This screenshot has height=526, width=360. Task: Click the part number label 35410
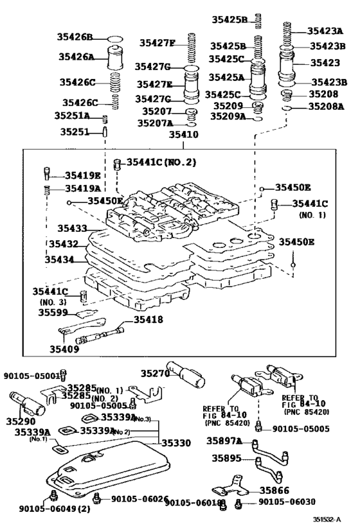coord(183,135)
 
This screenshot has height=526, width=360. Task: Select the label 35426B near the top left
coord(76,37)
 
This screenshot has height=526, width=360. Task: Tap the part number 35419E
coord(83,175)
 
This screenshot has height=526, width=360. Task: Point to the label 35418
coord(148,319)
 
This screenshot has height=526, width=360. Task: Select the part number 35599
coord(52,312)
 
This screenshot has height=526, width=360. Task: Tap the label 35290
coord(21,421)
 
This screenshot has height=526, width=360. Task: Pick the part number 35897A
coord(224,441)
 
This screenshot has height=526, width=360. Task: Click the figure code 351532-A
coord(328,520)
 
